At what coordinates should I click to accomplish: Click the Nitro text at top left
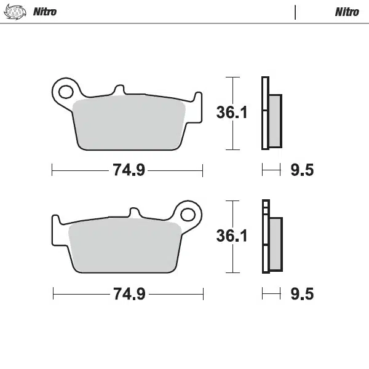44,12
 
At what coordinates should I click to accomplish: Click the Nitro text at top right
347,12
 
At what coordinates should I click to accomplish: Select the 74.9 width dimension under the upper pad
129,170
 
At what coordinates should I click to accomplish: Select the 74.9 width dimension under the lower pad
129,294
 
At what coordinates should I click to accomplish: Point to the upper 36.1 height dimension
231,113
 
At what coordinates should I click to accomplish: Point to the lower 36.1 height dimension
231,236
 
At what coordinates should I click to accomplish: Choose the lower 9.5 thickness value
301,294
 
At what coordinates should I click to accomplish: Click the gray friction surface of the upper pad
129,123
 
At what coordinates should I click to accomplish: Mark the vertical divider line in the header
296,12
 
